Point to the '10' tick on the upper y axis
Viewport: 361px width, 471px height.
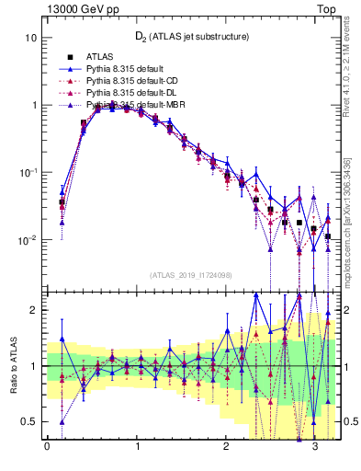30,39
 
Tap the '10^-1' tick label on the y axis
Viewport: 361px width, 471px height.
28,172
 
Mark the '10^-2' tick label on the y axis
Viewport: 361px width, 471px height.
28,239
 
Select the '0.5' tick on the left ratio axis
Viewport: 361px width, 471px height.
29,422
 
